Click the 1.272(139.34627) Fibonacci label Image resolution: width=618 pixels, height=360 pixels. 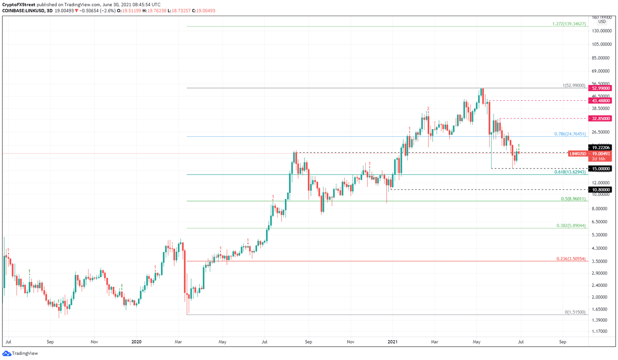pyautogui.click(x=569, y=24)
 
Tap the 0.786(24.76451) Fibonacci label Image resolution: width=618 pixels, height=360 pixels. pyautogui.click(x=570, y=134)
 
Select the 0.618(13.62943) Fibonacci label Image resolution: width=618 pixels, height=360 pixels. pyautogui.click(x=570, y=172)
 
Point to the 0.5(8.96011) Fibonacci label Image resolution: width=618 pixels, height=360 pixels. pyautogui.click(x=573, y=199)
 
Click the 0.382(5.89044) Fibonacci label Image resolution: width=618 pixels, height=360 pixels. pyautogui.click(x=571, y=226)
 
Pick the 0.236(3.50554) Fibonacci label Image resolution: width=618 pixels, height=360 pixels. pyautogui.click(x=571, y=259)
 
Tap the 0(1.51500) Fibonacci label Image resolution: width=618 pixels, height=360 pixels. pyautogui.click(x=575, y=312)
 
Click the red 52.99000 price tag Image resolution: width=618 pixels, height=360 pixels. pyautogui.click(x=599, y=88)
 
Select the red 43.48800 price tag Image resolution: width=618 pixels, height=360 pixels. pyautogui.click(x=599, y=101)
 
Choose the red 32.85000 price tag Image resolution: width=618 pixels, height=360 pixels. pyautogui.click(x=599, y=119)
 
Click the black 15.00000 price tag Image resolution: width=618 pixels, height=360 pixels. pyautogui.click(x=599, y=169)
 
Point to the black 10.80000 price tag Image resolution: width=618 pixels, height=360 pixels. pyautogui.click(x=599, y=189)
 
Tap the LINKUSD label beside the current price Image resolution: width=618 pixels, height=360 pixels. pyautogui.click(x=578, y=154)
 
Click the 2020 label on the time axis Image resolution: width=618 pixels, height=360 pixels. pyautogui.click(x=136, y=342)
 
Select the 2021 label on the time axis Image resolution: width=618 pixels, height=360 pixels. pyautogui.click(x=392, y=342)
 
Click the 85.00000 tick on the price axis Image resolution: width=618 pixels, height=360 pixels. pyautogui.click(x=602, y=58)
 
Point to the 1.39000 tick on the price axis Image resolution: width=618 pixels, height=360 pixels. pyautogui.click(x=602, y=320)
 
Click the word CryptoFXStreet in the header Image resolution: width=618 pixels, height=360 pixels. pyautogui.click(x=19, y=5)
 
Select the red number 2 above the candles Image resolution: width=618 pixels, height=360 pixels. pyautogui.click(x=428, y=109)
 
